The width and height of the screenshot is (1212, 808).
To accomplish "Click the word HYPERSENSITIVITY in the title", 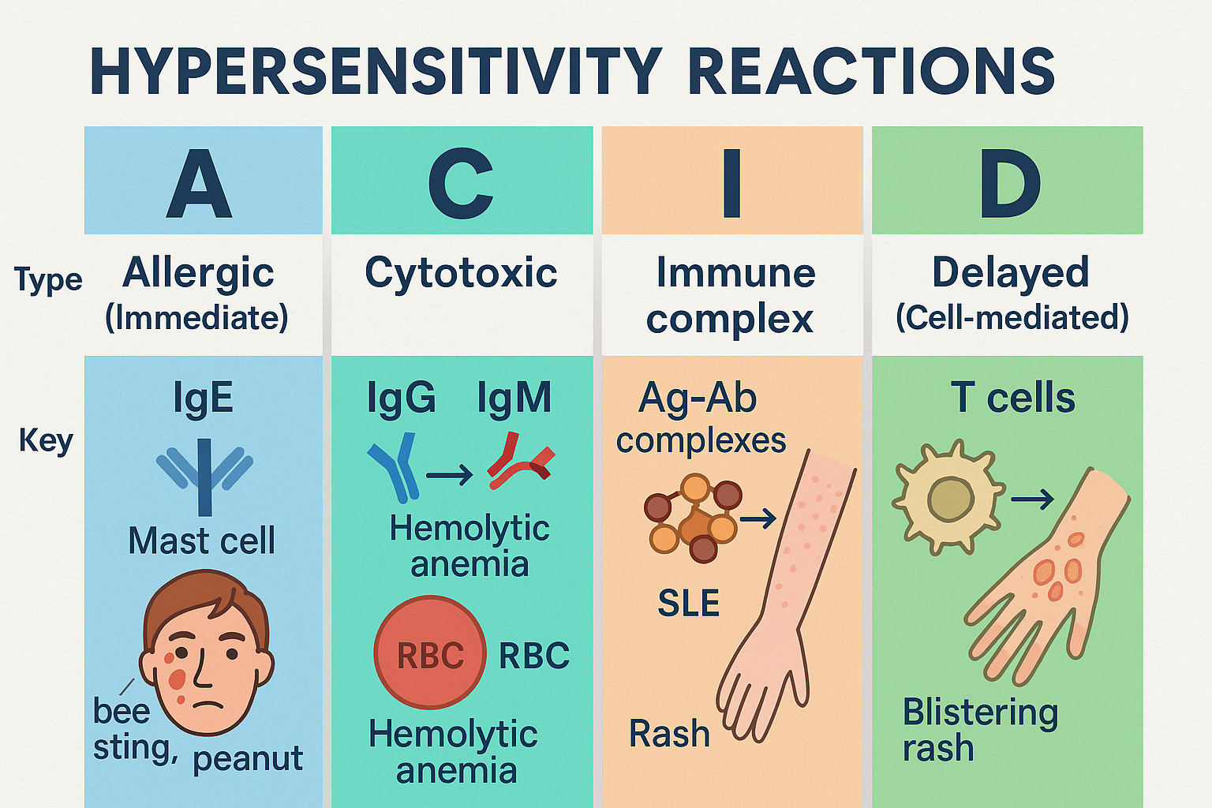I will click(376, 72).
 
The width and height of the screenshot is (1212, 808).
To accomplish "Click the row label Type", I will click(48, 280).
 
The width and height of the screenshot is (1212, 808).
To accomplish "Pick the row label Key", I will click(45, 440).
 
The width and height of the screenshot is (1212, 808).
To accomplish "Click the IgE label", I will click(203, 398).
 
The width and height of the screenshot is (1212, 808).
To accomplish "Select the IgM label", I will click(514, 398).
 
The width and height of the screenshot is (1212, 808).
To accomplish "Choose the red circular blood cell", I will click(429, 653).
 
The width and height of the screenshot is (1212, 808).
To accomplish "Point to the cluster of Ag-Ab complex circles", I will click(693, 517).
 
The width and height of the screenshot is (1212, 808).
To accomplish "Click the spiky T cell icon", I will click(949, 498).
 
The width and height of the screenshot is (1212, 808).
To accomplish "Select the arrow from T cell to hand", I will click(1032, 499).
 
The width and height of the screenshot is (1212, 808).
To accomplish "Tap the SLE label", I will click(688, 604).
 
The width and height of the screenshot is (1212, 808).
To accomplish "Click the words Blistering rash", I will click(979, 729).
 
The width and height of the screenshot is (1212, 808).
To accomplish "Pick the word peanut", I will click(248, 758).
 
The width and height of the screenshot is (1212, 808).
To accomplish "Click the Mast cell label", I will click(202, 541).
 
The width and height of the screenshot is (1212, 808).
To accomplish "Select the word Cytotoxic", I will click(461, 273).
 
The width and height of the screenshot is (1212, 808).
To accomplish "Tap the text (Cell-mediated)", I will click(1012, 317).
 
